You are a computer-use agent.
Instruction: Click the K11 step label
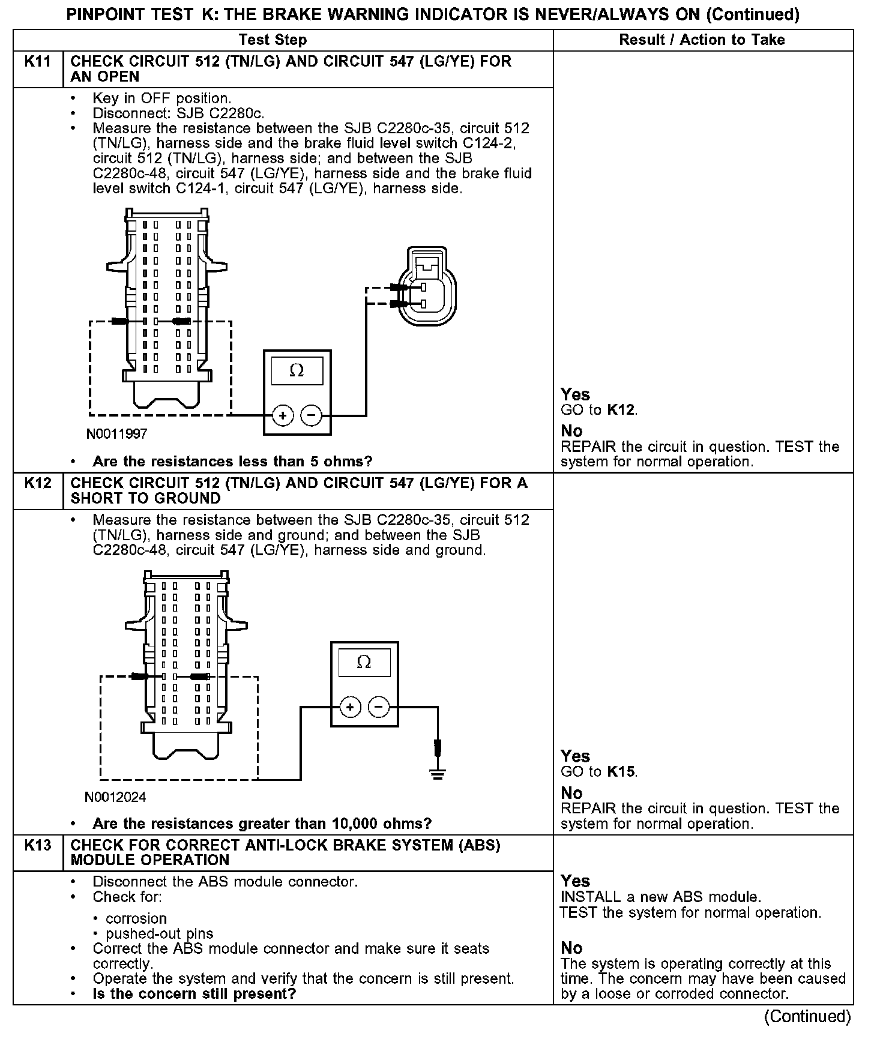[x=38, y=62]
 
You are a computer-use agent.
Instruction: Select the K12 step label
[x=38, y=483]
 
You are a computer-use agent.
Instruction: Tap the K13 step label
[x=38, y=845]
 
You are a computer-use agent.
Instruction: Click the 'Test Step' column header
[x=273, y=40]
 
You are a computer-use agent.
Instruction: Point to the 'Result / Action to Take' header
[x=702, y=40]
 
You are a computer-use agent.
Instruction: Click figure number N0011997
[x=117, y=433]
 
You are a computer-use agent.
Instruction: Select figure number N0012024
[x=115, y=797]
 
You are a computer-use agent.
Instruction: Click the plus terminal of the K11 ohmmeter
[x=283, y=415]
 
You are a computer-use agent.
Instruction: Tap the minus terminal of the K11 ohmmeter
[x=311, y=415]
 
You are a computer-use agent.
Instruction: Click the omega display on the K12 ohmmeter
[x=364, y=663]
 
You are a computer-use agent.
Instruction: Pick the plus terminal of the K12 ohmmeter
[x=351, y=708]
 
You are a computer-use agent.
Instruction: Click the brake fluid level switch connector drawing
[x=429, y=287]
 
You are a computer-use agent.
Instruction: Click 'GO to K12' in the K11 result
[x=598, y=411]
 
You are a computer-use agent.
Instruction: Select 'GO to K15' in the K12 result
[x=598, y=772]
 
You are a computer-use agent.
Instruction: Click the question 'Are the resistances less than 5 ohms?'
[x=232, y=462]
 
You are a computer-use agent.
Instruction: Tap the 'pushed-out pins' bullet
[x=159, y=934]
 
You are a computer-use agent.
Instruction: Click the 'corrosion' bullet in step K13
[x=136, y=918]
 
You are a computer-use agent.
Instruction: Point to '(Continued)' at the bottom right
[x=807, y=1017]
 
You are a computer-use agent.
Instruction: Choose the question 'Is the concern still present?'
[x=194, y=994]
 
